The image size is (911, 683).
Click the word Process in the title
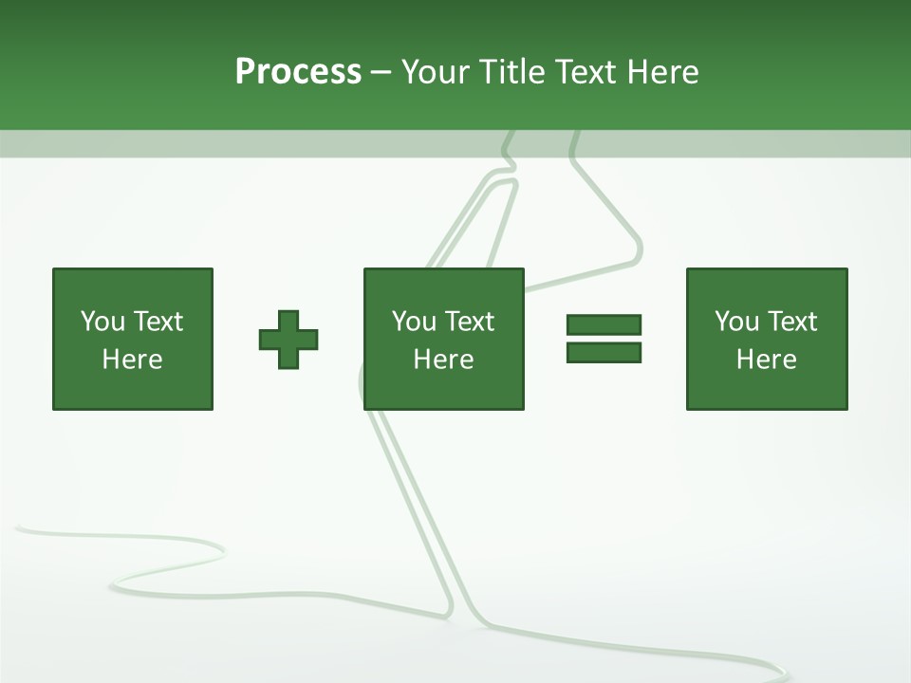coord(298,72)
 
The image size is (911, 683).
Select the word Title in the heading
coord(512,72)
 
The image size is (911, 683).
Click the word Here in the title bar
coord(662,72)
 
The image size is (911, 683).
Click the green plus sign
coord(288,340)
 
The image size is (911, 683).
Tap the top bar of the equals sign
coord(604,324)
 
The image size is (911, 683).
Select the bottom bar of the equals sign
coord(604,352)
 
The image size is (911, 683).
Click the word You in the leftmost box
coord(102,322)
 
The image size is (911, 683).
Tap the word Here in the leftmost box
coord(133,360)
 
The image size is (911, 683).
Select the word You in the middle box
coord(414,322)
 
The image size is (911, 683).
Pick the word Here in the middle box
coord(444,360)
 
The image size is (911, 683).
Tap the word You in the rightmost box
coord(736,322)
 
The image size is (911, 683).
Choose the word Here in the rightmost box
coord(767,360)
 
